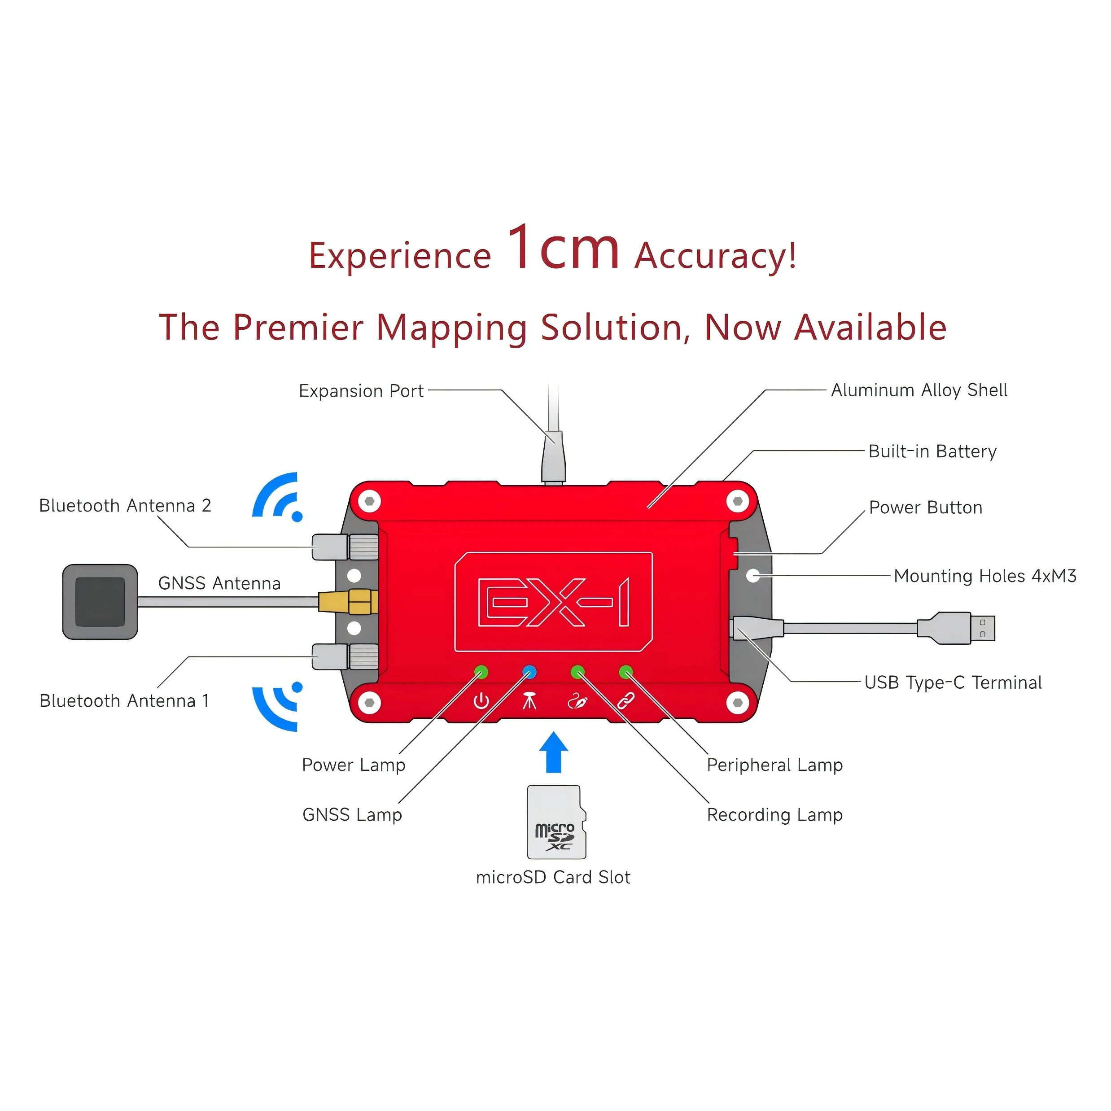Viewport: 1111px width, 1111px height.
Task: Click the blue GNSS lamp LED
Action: [x=529, y=672]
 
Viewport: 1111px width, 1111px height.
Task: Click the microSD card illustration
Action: [x=556, y=822]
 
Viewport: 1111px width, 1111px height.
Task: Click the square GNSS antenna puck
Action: [x=100, y=602]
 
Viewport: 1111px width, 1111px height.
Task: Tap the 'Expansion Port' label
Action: [x=361, y=391]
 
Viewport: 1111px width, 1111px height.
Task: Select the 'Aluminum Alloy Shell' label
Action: [x=919, y=390]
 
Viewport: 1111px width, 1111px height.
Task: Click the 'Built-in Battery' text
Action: [x=932, y=451]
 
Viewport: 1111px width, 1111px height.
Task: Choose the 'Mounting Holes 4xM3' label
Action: [x=984, y=576]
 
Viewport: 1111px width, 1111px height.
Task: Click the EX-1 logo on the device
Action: [x=553, y=602]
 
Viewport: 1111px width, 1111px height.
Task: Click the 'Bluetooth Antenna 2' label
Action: [x=125, y=506]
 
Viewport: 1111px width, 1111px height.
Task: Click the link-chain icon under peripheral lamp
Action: [x=625, y=701]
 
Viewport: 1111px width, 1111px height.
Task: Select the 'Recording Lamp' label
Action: [x=774, y=815]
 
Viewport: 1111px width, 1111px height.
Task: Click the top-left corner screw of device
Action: [x=369, y=501]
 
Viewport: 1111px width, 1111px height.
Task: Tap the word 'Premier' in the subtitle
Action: [x=298, y=327]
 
